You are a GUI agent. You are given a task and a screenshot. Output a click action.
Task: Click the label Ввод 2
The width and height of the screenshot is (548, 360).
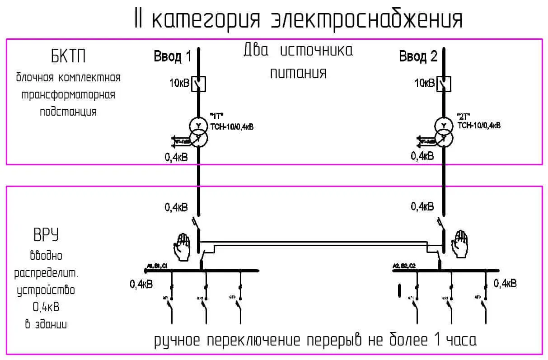point(418,57)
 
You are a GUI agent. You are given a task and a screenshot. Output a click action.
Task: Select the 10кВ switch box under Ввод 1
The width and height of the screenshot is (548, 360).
point(198,84)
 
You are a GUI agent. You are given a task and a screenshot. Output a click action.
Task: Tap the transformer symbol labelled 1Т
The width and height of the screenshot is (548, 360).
point(198,131)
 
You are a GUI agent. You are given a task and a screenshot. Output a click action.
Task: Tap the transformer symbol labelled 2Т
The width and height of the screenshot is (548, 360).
point(444,131)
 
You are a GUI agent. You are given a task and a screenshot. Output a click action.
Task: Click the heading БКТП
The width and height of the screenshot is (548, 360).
point(68,57)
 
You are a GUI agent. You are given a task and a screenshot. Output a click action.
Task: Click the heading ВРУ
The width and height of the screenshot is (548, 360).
point(47,236)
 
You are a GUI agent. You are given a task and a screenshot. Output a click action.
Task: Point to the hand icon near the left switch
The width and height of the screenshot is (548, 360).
point(183,247)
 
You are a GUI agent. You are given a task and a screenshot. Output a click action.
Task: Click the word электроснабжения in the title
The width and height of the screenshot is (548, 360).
point(366,19)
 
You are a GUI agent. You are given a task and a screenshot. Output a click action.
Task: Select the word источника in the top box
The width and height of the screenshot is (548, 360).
point(317,50)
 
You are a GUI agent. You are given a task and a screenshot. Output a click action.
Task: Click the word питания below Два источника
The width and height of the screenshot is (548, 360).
point(298,73)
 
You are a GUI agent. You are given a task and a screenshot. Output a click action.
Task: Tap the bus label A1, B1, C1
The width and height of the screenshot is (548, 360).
point(157,266)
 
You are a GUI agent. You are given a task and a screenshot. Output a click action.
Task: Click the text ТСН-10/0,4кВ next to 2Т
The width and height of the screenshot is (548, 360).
point(479,125)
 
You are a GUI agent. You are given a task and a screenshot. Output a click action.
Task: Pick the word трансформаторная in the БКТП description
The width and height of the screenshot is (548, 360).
point(69,95)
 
